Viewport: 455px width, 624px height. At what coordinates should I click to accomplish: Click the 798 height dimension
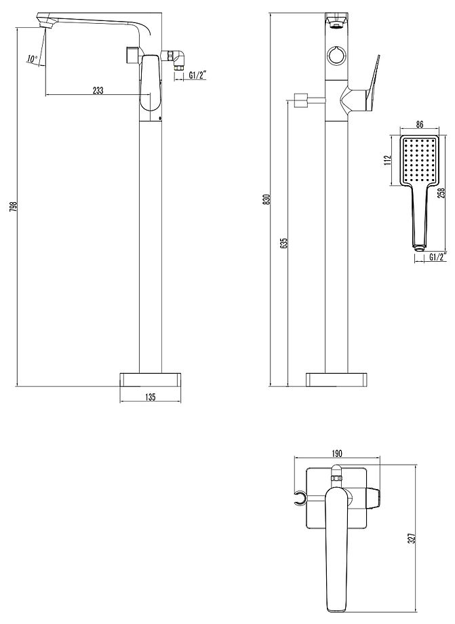[x=12, y=206]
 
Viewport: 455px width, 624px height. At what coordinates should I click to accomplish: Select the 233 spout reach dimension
[x=98, y=91]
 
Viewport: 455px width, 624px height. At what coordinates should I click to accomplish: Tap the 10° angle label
[x=32, y=60]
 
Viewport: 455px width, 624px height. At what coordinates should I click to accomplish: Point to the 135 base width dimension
[x=150, y=398]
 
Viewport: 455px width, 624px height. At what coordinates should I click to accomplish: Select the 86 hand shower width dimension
[x=419, y=125]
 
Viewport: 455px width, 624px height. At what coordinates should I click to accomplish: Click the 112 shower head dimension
[x=387, y=160]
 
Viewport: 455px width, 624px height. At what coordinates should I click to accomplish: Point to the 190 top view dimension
[x=337, y=454]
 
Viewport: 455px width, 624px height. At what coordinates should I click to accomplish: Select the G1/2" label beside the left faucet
[x=198, y=75]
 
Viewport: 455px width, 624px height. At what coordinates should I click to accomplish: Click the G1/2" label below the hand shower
[x=437, y=256]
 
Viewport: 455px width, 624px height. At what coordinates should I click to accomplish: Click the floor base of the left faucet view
[x=150, y=379]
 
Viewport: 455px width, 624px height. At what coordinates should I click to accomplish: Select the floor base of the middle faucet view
[x=338, y=379]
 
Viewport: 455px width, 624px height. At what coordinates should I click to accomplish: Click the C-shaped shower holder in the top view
[x=299, y=501]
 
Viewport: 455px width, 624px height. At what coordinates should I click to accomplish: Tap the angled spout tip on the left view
[x=48, y=26]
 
